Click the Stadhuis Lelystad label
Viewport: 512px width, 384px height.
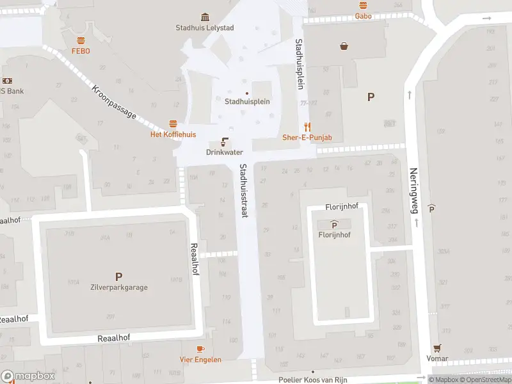point(205,28)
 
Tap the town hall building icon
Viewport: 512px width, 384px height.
point(205,17)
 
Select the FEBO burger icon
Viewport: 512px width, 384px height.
point(81,40)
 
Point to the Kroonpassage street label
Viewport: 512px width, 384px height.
point(114,102)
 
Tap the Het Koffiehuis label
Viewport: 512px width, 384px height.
point(173,134)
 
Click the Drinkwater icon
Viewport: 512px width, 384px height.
point(225,141)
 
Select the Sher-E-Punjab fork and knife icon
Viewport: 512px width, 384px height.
point(307,127)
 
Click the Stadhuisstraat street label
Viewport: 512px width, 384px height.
point(243,191)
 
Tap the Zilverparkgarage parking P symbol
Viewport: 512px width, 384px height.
point(118,276)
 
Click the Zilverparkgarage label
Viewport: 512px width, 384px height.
point(118,287)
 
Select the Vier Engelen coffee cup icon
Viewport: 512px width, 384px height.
point(200,349)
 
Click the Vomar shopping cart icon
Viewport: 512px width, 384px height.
point(438,348)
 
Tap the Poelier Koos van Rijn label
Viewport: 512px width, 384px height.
point(313,380)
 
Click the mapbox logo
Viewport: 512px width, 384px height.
point(28,376)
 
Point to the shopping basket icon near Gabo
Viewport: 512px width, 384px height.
point(344,46)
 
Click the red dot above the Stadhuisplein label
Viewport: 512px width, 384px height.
point(247,93)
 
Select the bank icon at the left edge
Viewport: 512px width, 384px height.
point(8,81)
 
